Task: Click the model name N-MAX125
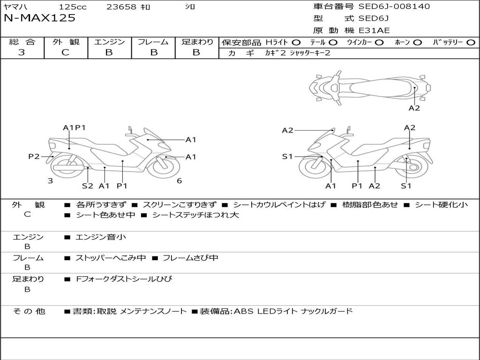[39, 18]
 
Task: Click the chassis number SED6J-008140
[394, 7]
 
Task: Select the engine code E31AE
[374, 30]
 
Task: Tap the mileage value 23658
[121, 7]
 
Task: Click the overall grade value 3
[22, 52]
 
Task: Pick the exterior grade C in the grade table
[66, 52]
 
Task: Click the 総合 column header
[22, 42]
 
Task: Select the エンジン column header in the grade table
[109, 42]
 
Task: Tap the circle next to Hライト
[296, 43]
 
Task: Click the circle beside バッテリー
[471, 43]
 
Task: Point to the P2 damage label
[34, 157]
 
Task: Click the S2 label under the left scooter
[88, 186]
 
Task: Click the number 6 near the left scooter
[179, 181]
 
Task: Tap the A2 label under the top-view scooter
[414, 108]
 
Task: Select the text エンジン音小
[101, 237]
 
